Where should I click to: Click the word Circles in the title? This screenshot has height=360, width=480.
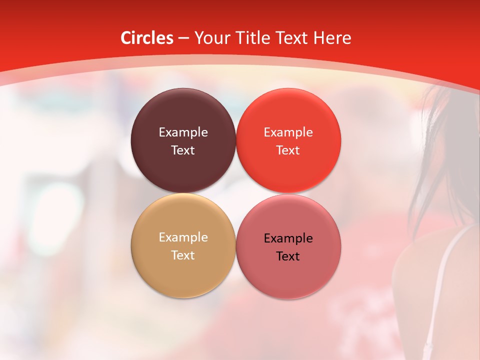[x=146, y=38]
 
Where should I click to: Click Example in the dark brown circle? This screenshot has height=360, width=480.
[x=183, y=132]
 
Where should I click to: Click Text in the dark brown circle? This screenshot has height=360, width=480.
[x=183, y=150]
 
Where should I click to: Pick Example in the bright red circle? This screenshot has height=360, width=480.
[x=288, y=132]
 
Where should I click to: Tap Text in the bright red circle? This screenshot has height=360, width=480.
[x=288, y=150]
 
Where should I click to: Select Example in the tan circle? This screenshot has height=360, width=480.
[x=183, y=237]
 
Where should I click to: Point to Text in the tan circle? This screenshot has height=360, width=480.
[x=183, y=255]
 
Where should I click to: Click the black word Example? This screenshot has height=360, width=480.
[x=288, y=238]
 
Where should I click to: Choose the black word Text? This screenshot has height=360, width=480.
[x=288, y=256]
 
